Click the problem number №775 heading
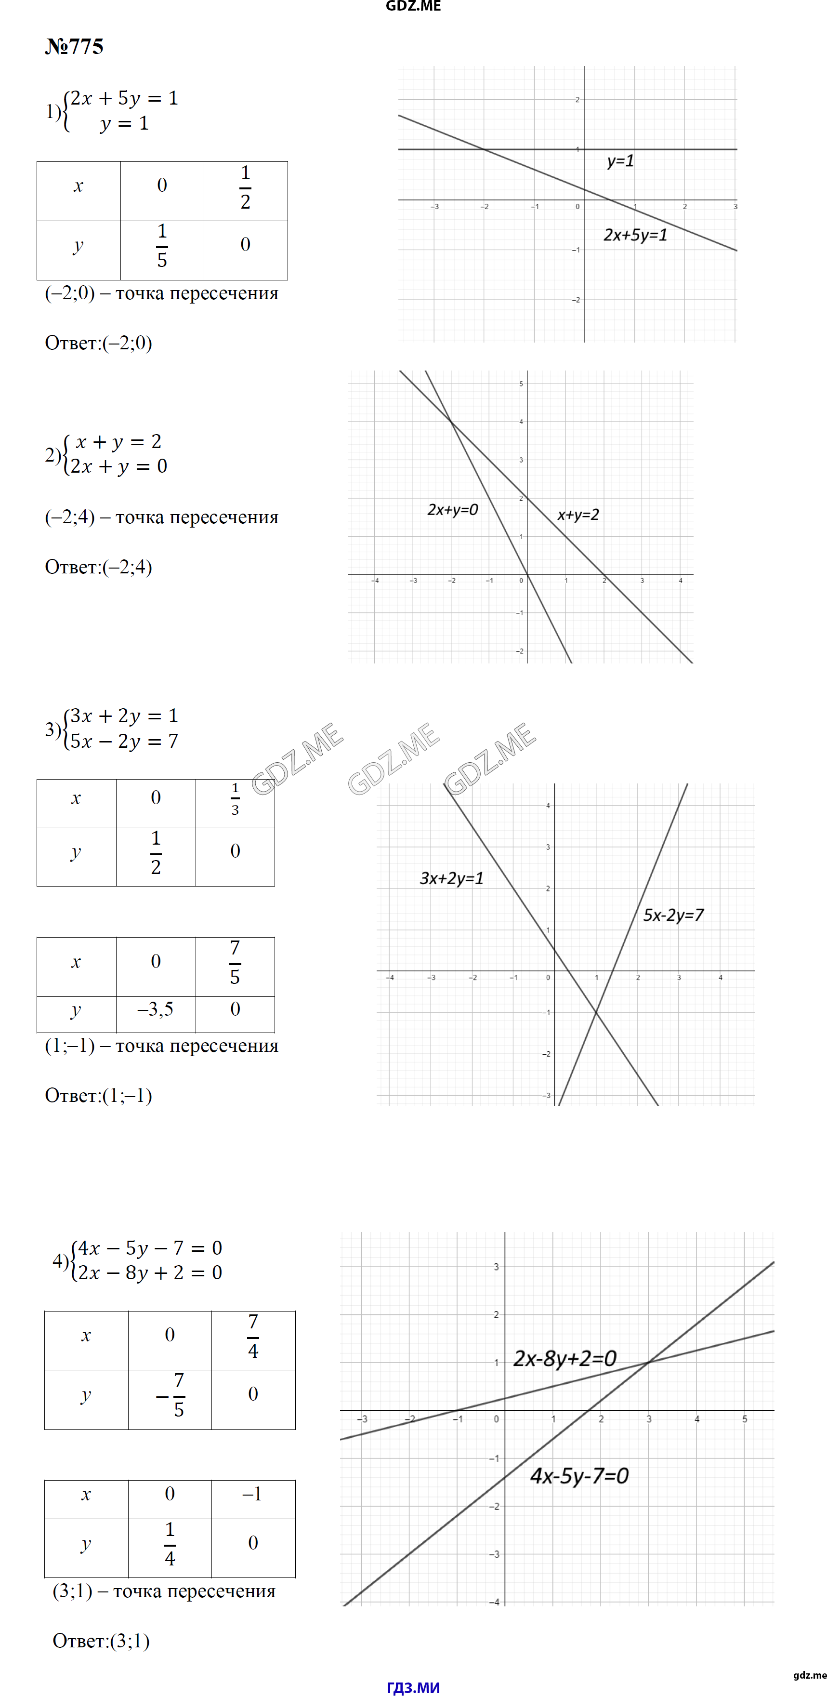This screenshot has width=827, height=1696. tap(74, 47)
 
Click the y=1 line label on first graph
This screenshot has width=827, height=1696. tap(620, 160)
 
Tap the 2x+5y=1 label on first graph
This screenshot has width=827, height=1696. tap(635, 235)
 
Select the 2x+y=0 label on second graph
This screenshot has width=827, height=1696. tap(453, 510)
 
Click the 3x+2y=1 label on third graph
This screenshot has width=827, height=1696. tap(451, 878)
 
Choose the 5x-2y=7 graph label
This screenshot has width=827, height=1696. tap(673, 915)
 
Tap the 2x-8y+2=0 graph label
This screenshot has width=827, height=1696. tap(564, 1358)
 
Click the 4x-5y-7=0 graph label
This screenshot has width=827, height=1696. tap(579, 1475)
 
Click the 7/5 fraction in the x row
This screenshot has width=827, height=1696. tap(235, 962)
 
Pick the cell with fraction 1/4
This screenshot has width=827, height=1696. tap(170, 1543)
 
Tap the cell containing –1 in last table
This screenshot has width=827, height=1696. tap(253, 1494)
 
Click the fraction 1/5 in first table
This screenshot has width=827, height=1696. tap(162, 246)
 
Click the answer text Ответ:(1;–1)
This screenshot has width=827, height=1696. tap(99, 1096)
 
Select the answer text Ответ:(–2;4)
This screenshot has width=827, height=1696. tap(99, 567)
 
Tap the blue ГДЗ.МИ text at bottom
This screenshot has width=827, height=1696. tap(413, 1687)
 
